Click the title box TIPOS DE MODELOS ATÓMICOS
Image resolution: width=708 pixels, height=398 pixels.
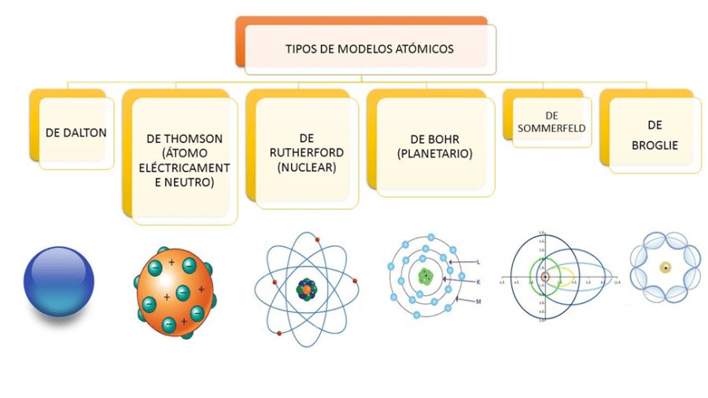[x=369, y=49]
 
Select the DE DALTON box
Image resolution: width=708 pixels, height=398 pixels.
[x=75, y=132]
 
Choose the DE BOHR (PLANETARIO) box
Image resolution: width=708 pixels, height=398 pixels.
[x=435, y=146]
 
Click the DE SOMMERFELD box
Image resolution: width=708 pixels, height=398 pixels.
[x=553, y=122]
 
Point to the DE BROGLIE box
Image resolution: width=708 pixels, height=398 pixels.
[x=654, y=135]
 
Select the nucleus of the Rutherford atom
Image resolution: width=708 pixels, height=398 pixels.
[x=304, y=289]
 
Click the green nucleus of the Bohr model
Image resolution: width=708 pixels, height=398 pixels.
[x=426, y=276]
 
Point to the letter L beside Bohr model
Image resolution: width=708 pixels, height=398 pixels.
[x=478, y=260]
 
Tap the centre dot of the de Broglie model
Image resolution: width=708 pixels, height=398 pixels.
[x=666, y=267]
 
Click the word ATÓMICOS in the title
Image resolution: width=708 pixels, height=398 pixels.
[x=426, y=49]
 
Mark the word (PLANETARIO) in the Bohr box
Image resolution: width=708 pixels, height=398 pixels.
[x=435, y=154]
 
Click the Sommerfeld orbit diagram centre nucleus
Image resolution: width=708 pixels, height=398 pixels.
[x=542, y=276]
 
